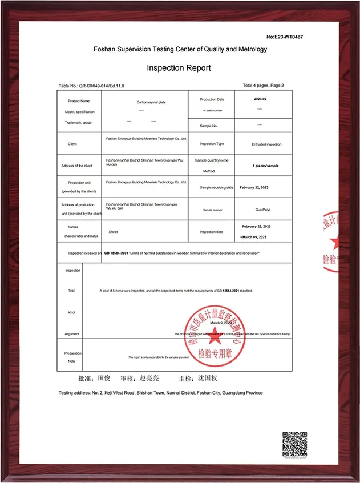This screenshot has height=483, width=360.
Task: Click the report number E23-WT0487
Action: [284, 37]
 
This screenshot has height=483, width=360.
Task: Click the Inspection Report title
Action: [179, 68]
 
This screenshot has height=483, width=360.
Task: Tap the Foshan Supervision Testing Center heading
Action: [180, 50]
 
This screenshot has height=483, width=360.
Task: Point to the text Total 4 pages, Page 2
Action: [263, 86]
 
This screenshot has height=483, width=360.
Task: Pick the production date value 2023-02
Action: [260, 99]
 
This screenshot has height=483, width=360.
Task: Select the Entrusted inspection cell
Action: [266, 144]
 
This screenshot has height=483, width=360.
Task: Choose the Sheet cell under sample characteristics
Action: [113, 232]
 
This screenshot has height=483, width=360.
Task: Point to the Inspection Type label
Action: [212, 144]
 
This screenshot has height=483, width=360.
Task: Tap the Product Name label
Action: [77, 100]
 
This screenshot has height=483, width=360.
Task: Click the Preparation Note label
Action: [72, 357]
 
